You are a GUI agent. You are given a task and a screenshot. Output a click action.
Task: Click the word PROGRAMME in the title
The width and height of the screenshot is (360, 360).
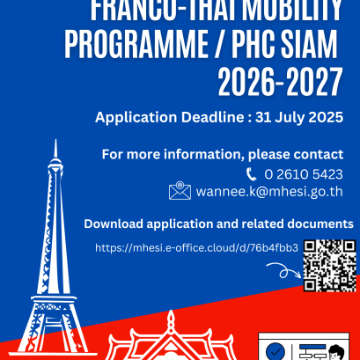[x=136, y=45]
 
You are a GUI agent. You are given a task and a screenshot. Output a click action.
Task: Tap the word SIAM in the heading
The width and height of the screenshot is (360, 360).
[x=309, y=45]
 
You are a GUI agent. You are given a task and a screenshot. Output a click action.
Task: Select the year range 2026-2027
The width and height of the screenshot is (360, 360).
[x=280, y=82]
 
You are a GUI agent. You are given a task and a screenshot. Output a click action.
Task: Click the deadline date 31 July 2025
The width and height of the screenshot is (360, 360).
[x=299, y=118]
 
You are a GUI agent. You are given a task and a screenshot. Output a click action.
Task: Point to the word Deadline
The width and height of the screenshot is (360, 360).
[x=212, y=117]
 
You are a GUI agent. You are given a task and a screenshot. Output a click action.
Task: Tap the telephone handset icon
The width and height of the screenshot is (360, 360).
[x=251, y=174]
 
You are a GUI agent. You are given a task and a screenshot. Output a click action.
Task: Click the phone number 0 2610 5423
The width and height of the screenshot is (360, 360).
[x=304, y=174]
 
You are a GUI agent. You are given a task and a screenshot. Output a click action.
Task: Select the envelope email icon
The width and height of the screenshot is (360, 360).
[x=180, y=191]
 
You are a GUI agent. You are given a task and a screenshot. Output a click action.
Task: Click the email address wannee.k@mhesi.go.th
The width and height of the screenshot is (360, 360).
[x=269, y=192]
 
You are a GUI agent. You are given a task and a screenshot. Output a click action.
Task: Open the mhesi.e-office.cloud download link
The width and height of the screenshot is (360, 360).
[x=196, y=248]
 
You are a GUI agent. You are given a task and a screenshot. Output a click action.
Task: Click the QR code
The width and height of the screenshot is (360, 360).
[x=330, y=266]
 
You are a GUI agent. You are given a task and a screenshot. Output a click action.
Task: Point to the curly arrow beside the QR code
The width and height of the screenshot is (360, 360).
[x=283, y=270]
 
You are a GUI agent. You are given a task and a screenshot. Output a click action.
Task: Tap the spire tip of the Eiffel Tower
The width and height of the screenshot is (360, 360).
[x=55, y=140]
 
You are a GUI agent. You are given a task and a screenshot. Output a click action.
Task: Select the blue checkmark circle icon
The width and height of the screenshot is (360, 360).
[x=276, y=351]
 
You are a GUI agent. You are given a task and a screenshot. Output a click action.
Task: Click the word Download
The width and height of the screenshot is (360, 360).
[x=114, y=224]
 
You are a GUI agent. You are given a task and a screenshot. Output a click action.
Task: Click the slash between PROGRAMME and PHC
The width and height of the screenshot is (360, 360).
[x=220, y=45]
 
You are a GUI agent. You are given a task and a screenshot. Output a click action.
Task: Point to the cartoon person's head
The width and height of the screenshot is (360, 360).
[x=335, y=352]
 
